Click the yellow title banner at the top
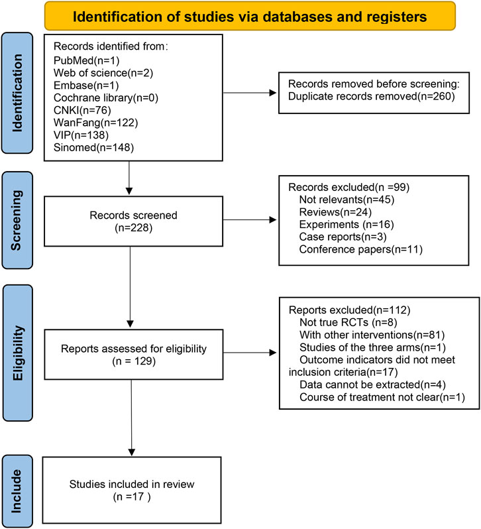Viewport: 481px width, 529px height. click(250, 16)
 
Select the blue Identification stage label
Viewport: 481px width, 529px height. click(17, 93)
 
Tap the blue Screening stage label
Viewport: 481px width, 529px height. click(17, 220)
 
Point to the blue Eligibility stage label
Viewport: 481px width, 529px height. click(17, 353)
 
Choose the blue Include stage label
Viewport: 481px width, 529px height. click(17, 491)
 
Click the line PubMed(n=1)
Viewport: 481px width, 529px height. click(87, 60)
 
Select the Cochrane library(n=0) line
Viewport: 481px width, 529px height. click(106, 98)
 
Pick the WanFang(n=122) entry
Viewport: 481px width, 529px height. click(95, 123)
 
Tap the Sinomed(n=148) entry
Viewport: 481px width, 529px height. click(93, 147)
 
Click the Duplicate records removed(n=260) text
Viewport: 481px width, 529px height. click(372, 97)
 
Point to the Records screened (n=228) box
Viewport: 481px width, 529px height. click(133, 221)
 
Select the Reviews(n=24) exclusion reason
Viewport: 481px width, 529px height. click(335, 212)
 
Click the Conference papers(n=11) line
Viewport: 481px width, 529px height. click(360, 249)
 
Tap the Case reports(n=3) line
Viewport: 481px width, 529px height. click(343, 237)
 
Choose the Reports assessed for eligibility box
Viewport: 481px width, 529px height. click(133, 355)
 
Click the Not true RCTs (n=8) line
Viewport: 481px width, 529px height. click(348, 323)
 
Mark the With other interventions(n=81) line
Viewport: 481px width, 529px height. click(372, 335)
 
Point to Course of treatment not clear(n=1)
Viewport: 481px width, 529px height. click(382, 397)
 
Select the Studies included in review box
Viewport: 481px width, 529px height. click(132, 490)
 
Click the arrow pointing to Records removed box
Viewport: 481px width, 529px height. click(250, 93)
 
